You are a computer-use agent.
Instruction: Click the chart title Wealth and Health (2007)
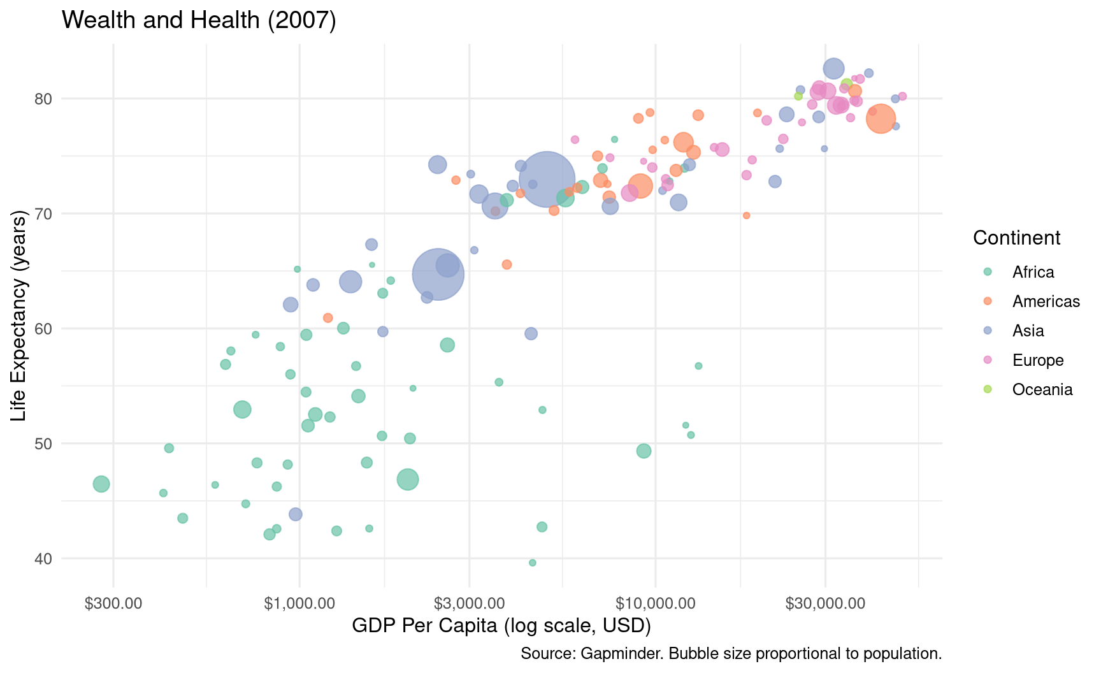(x=199, y=20)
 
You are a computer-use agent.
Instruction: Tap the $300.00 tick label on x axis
(x=113, y=604)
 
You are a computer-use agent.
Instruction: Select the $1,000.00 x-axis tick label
(x=299, y=604)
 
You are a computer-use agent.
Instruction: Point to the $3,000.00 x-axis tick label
(x=470, y=604)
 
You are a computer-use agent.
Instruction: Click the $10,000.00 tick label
(x=655, y=604)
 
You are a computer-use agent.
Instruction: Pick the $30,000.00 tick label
(x=825, y=604)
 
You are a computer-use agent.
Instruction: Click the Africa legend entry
(x=1033, y=272)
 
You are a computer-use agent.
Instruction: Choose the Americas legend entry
(x=1046, y=301)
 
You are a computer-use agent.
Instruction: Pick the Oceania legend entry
(x=1042, y=389)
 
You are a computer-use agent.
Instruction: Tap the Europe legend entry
(x=1038, y=360)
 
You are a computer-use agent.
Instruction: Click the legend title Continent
(x=1016, y=238)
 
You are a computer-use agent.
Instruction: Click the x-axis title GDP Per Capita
(x=501, y=626)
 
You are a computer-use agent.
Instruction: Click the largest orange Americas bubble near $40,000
(x=881, y=119)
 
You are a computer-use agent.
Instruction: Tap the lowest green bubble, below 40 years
(x=533, y=563)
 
